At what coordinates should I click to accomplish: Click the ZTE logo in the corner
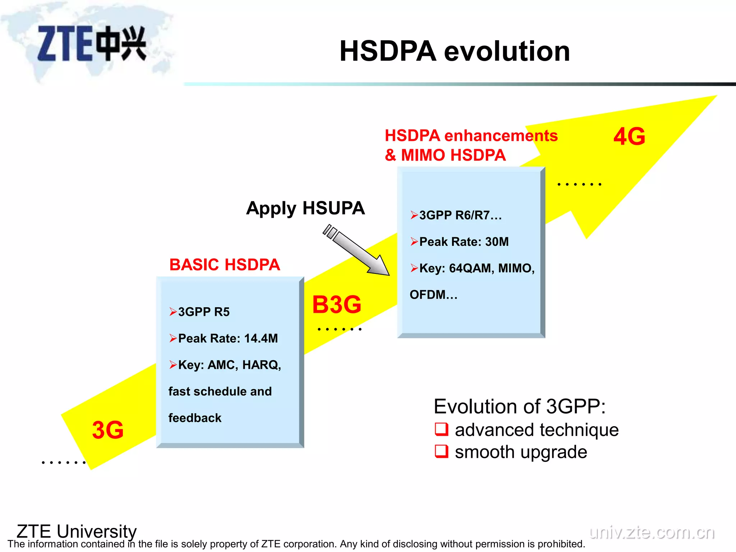tap(92, 43)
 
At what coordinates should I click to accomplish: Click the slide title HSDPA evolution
tap(455, 51)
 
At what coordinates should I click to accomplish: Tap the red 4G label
tap(629, 137)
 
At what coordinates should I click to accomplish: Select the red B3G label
tap(337, 305)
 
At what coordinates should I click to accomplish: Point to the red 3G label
tap(108, 430)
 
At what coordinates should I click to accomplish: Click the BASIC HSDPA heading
tap(225, 265)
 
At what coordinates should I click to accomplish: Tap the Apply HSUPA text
tap(305, 208)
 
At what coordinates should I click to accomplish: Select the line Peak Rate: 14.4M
tap(228, 338)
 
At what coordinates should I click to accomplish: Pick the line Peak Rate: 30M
tap(464, 241)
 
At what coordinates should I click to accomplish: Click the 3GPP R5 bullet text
tap(204, 312)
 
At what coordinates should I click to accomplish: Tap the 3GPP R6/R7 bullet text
tap(460, 215)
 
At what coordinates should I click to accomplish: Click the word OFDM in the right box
tap(428, 295)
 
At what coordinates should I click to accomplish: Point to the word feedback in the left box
tap(195, 418)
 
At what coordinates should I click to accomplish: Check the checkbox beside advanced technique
tap(442, 429)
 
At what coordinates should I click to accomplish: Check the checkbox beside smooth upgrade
tap(442, 451)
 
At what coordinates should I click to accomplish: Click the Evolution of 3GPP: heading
tap(520, 406)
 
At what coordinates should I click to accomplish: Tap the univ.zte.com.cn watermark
tap(652, 533)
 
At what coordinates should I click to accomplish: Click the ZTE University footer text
tap(77, 531)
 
